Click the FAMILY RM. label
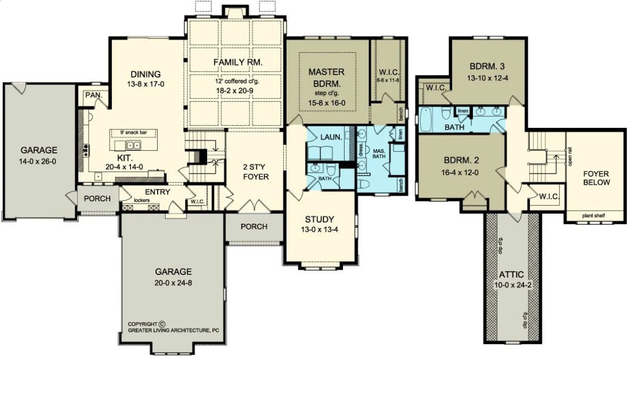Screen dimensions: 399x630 [238, 63]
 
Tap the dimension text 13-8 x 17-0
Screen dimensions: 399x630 [145, 84]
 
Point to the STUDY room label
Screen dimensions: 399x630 [319, 219]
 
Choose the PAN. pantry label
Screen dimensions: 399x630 [90, 95]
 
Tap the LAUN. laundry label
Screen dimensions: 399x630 [331, 137]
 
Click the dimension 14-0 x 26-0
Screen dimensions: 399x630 [39, 161]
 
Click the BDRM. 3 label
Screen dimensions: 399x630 [488, 67]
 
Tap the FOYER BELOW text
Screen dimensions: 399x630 [596, 178]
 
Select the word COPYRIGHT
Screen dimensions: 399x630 [142, 323]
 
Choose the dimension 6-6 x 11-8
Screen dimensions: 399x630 [388, 80]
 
